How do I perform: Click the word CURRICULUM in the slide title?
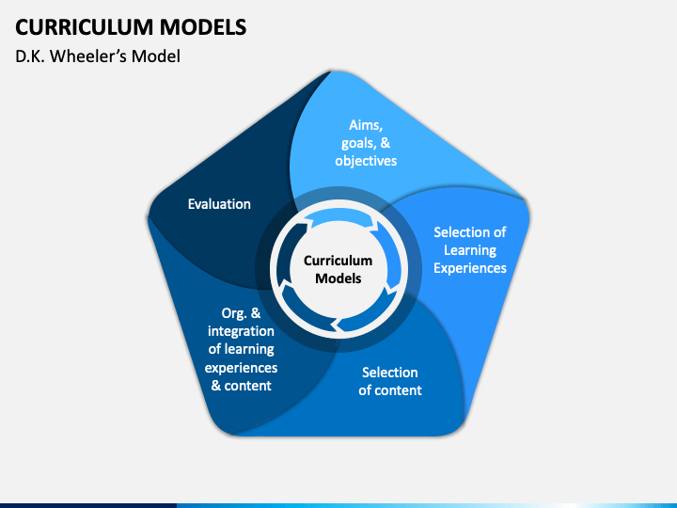click(x=85, y=27)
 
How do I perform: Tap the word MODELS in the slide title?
click(x=203, y=27)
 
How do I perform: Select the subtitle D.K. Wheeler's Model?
click(x=98, y=56)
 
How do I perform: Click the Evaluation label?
click(x=219, y=204)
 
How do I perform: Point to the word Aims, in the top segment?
click(x=366, y=125)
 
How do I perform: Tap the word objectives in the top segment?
click(x=366, y=161)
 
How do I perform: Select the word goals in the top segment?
click(x=358, y=143)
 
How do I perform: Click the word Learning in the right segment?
click(x=470, y=250)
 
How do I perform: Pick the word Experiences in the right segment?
click(x=470, y=268)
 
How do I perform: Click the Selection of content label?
click(x=390, y=381)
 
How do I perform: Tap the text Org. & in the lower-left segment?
click(x=241, y=313)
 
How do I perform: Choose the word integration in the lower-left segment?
click(x=241, y=331)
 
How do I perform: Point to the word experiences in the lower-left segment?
click(x=241, y=368)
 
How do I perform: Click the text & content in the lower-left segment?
click(x=241, y=386)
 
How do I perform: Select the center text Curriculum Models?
click(x=338, y=270)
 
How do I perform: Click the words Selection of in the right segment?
click(x=470, y=232)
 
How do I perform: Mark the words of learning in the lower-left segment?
click(x=241, y=349)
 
